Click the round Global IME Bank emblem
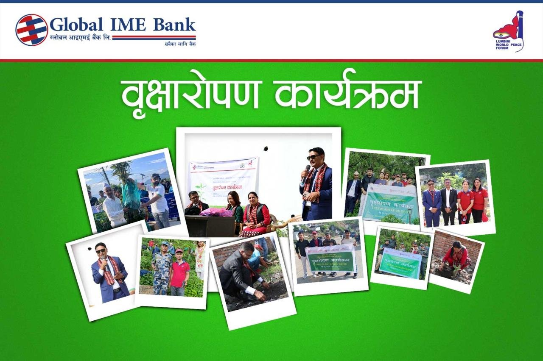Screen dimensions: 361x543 pyautogui.click(x=32, y=30)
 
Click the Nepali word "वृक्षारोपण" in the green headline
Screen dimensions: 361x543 pyautogui.click(x=190, y=94)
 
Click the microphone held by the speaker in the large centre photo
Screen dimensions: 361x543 pyautogui.click(x=306, y=172)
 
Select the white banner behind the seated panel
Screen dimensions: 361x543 pyautogui.click(x=224, y=178)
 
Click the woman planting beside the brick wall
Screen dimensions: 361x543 pyautogui.click(x=456, y=258)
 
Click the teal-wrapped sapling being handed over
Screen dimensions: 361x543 pyautogui.click(x=131, y=195)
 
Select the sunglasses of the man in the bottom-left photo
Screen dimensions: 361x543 pyautogui.click(x=101, y=251)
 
